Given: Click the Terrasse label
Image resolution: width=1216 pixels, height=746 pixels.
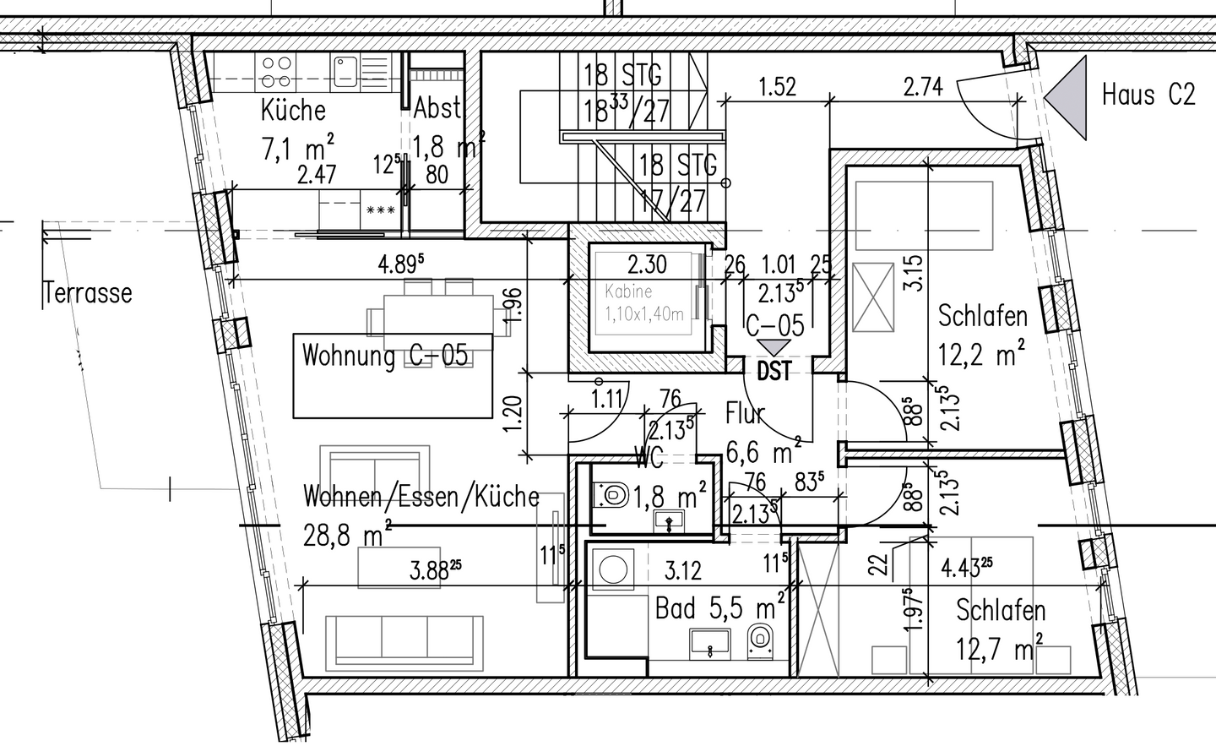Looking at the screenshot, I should (x=88, y=293).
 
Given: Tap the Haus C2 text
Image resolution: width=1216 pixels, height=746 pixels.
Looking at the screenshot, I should (x=1148, y=94).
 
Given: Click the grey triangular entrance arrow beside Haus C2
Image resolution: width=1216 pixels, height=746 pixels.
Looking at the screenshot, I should (x=1067, y=96).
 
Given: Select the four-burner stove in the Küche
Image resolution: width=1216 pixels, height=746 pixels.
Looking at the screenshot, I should (x=276, y=71).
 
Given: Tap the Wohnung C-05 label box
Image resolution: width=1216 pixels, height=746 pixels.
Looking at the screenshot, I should (x=393, y=375).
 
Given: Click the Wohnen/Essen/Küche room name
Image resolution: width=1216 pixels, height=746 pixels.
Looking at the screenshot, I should (x=421, y=496).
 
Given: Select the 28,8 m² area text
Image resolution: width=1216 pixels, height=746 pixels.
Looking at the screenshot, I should (x=347, y=533).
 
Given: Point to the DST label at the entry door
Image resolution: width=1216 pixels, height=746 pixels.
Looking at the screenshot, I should (x=774, y=371).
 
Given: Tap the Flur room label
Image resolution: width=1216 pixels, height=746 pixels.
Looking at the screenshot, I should (x=746, y=414).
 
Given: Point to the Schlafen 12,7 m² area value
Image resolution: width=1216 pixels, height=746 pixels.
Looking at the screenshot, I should (x=999, y=650).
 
